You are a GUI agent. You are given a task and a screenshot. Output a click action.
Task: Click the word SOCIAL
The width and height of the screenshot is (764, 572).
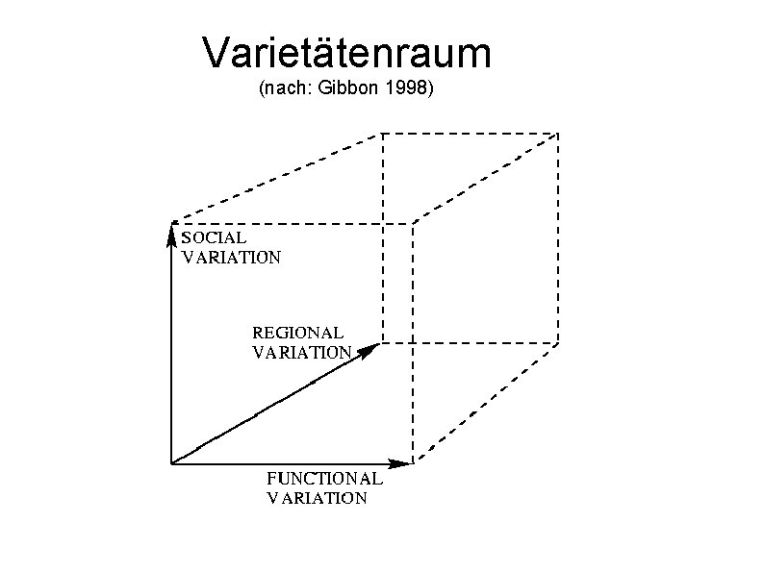pos(214,236)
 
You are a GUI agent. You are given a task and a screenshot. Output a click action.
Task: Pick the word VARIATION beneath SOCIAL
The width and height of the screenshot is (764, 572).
pos(231,257)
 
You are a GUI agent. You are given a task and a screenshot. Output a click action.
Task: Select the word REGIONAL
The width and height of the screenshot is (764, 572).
pos(297,333)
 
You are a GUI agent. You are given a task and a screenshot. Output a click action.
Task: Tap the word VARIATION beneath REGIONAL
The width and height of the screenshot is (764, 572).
pos(301,352)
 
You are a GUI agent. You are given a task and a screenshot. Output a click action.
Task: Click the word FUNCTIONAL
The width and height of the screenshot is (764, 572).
pos(324,478)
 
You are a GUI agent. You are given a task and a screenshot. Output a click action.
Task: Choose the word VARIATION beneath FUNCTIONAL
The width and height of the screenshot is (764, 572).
pos(317,497)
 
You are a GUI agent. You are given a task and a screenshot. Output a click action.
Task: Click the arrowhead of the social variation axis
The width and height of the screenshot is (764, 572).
pos(171,231)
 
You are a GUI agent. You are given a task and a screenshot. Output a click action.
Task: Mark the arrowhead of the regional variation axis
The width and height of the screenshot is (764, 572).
pos(370,350)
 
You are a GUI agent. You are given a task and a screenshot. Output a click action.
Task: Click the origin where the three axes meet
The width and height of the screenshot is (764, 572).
pos(171,463)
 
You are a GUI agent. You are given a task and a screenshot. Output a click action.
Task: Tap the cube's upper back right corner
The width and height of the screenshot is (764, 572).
pos(558,133)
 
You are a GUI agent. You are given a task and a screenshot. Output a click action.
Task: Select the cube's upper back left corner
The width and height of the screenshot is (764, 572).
pos(383,133)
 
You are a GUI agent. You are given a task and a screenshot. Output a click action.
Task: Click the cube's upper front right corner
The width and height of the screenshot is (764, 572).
pos(413,224)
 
